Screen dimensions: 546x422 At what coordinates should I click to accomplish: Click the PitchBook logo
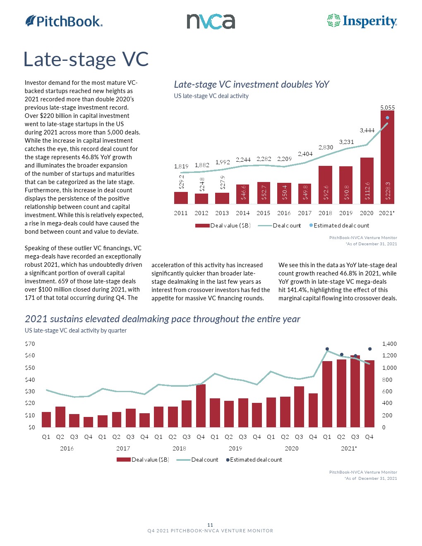click(x=64, y=21)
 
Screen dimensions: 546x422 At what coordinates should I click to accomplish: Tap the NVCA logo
click(x=211, y=22)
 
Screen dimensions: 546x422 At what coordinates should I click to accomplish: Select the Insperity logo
click(x=362, y=21)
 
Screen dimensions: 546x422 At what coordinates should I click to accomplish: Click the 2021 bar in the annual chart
click(x=387, y=157)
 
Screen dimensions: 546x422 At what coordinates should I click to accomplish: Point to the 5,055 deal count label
click(x=388, y=108)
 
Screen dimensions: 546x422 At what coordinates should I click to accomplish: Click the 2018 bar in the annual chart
click(x=325, y=184)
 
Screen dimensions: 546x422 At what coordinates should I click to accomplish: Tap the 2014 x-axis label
click(x=243, y=213)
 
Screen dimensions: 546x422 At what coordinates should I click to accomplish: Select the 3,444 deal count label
click(x=367, y=130)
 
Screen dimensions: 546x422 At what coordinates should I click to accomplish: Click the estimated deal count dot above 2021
click(x=388, y=117)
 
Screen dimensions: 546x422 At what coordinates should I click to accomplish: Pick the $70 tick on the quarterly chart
click(x=30, y=344)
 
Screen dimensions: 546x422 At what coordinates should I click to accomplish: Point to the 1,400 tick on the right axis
click(x=389, y=344)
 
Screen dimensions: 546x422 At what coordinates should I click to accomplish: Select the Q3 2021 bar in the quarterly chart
click(x=355, y=391)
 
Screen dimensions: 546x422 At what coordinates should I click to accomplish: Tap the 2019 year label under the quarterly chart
click(x=235, y=448)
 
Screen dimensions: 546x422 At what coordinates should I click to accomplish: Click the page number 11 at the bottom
click(x=210, y=525)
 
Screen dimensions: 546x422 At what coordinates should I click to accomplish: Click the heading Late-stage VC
click(x=86, y=59)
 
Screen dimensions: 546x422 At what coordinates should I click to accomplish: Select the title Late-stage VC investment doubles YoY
click(x=251, y=84)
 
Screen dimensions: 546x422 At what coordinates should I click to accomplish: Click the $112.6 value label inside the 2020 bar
click(x=367, y=191)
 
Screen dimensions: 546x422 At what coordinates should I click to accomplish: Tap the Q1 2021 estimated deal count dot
click(x=327, y=349)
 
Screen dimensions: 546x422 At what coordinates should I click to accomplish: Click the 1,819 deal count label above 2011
click(x=181, y=166)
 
